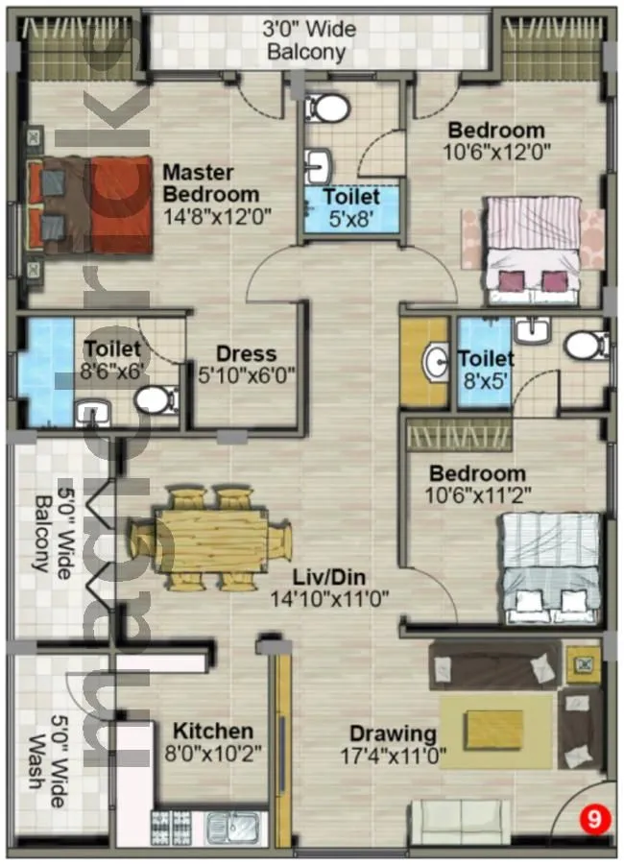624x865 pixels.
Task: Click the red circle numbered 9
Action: tap(595, 821)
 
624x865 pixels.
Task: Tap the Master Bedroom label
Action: tap(198, 183)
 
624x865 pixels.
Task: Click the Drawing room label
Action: tap(393, 733)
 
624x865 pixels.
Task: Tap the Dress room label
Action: tap(246, 353)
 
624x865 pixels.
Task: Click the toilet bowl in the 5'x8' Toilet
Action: tap(331, 108)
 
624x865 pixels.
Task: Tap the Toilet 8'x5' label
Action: tap(485, 369)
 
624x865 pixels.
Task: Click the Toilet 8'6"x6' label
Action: tap(111, 357)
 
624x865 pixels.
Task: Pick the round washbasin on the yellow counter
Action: tap(434, 362)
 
